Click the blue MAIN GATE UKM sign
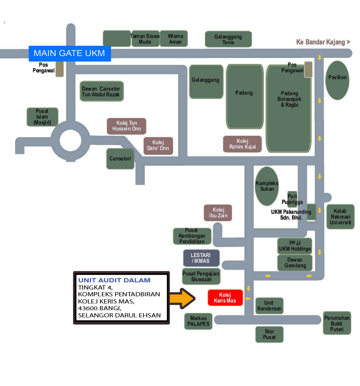[x=69, y=53]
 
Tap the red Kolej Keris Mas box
[x=225, y=298]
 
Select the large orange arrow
[x=182, y=298]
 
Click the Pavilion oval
[x=337, y=80]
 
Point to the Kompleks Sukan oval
[x=267, y=186]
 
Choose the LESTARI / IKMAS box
[x=202, y=258]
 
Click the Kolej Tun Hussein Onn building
[x=126, y=126]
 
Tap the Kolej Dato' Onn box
[x=158, y=146]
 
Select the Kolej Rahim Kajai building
[x=242, y=144]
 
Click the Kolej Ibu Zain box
[x=218, y=213]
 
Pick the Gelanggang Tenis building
[x=228, y=39]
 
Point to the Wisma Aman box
[x=174, y=39]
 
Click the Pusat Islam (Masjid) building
[x=42, y=117]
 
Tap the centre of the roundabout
[x=71, y=141]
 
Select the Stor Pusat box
[x=269, y=334]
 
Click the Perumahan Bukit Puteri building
[x=337, y=323]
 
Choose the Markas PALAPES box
[x=198, y=321]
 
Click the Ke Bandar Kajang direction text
[x=323, y=42]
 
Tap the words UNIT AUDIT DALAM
[x=114, y=280]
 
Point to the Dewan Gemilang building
[x=295, y=263]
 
